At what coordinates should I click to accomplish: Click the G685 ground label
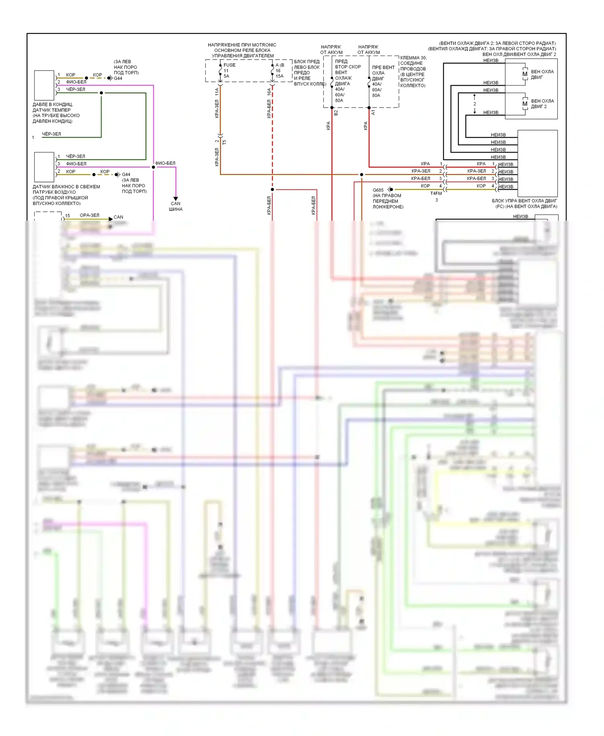pyautogui.click(x=378, y=190)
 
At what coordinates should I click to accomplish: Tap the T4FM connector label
pyautogui.click(x=436, y=193)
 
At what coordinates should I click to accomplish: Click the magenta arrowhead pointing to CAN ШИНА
pyautogui.click(x=176, y=198)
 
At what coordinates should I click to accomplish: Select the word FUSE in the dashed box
pyautogui.click(x=230, y=65)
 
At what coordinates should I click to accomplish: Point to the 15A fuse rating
pyautogui.click(x=279, y=76)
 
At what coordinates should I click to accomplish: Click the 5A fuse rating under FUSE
pyautogui.click(x=226, y=76)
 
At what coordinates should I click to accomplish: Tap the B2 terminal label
pyautogui.click(x=336, y=113)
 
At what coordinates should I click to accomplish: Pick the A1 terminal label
pyautogui.click(x=373, y=112)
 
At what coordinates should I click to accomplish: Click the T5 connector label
pyautogui.click(x=224, y=142)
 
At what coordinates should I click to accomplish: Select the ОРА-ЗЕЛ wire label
pyautogui.click(x=89, y=215)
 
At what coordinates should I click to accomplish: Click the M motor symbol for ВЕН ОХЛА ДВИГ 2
pyautogui.click(x=525, y=104)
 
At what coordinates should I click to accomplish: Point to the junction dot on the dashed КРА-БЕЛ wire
pyautogui.click(x=273, y=189)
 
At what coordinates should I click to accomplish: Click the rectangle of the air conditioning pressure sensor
pyautogui.click(x=44, y=85)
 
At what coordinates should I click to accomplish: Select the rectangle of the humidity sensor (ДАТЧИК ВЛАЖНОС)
pyautogui.click(x=44, y=167)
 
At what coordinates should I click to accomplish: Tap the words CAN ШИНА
pyautogui.click(x=176, y=207)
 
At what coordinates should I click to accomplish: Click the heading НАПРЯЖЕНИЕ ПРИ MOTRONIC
pyautogui.click(x=242, y=45)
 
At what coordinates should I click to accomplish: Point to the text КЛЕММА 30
pyautogui.click(x=413, y=58)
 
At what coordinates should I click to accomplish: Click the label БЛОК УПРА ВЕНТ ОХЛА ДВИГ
pyautogui.click(x=524, y=201)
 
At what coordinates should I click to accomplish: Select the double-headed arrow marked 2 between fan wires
pyautogui.click(x=475, y=104)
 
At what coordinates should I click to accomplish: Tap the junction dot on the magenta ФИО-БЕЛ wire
pyautogui.click(x=153, y=167)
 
